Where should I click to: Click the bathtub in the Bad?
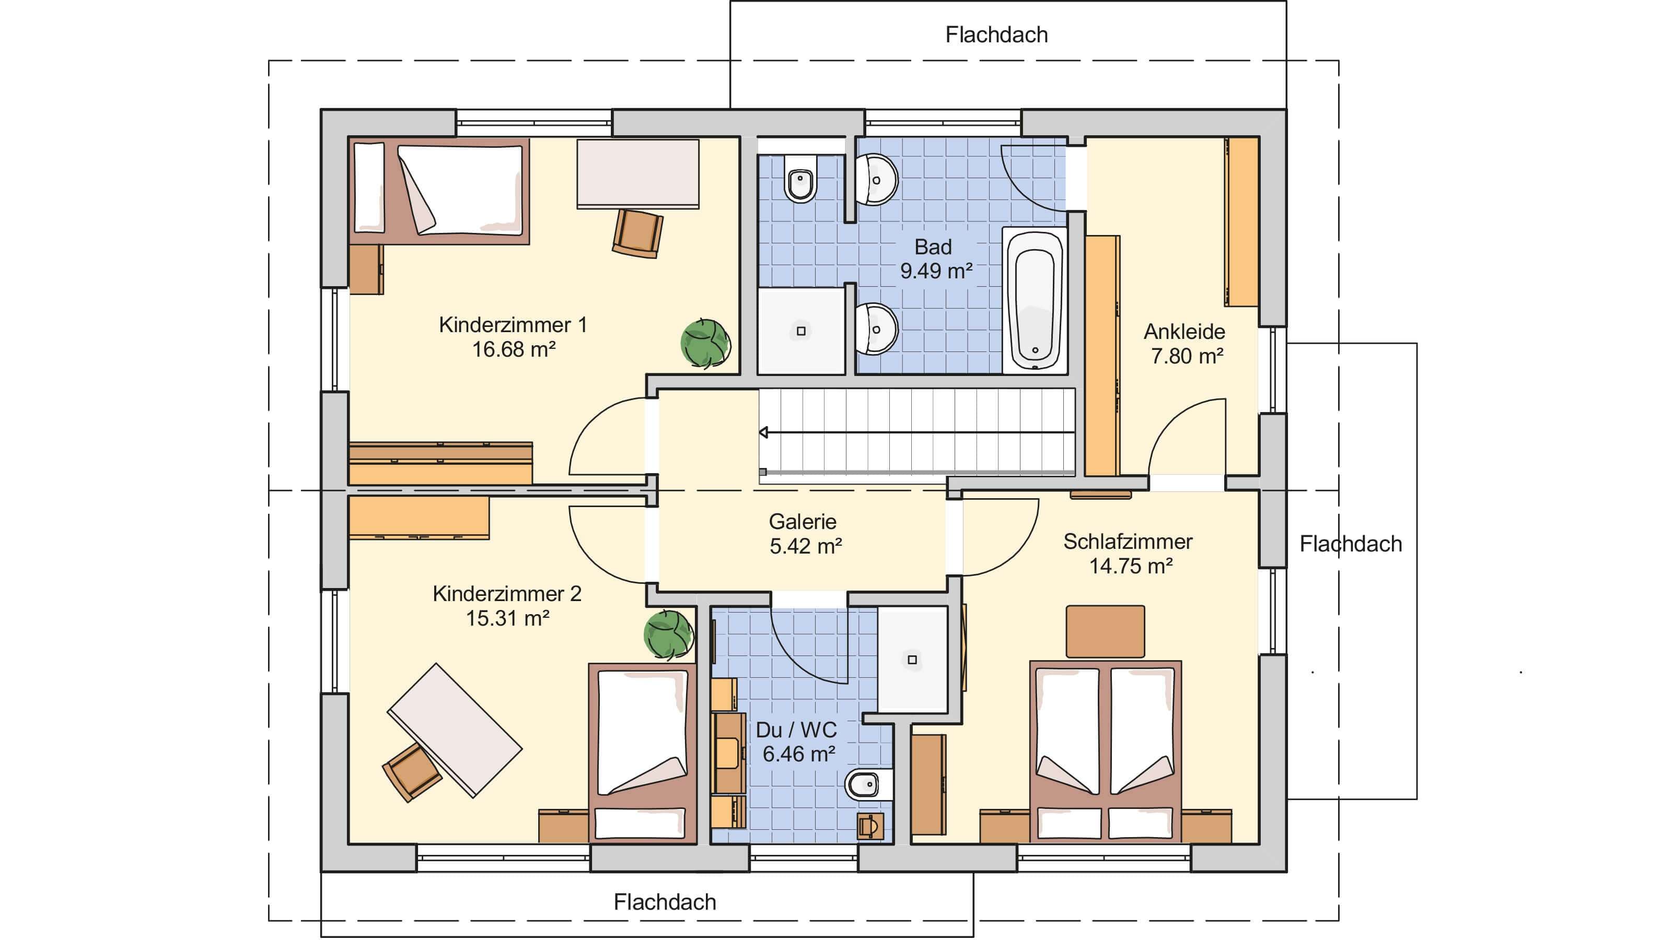pyautogui.click(x=1035, y=300)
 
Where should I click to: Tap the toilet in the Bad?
pyautogui.click(x=801, y=179)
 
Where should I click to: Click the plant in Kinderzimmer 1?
pyautogui.click(x=705, y=344)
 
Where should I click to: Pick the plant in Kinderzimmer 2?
pyautogui.click(x=669, y=635)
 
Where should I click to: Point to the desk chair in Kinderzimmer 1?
pyautogui.click(x=638, y=233)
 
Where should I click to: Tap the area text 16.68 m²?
pyautogui.click(x=514, y=350)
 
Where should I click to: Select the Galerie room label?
pyautogui.click(x=803, y=522)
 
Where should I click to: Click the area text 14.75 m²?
pyautogui.click(x=1131, y=566)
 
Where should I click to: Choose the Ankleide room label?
pyautogui.click(x=1185, y=332)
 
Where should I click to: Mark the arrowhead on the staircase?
pyautogui.click(x=764, y=432)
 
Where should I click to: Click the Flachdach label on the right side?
pyautogui.click(x=1351, y=544)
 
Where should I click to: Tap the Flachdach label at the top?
pyautogui.click(x=996, y=35)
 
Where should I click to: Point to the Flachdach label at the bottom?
pyautogui.click(x=665, y=902)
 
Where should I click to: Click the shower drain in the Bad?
pyautogui.click(x=801, y=331)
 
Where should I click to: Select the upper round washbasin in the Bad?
pyautogui.click(x=876, y=180)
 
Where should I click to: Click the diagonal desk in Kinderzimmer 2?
pyautogui.click(x=455, y=730)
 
